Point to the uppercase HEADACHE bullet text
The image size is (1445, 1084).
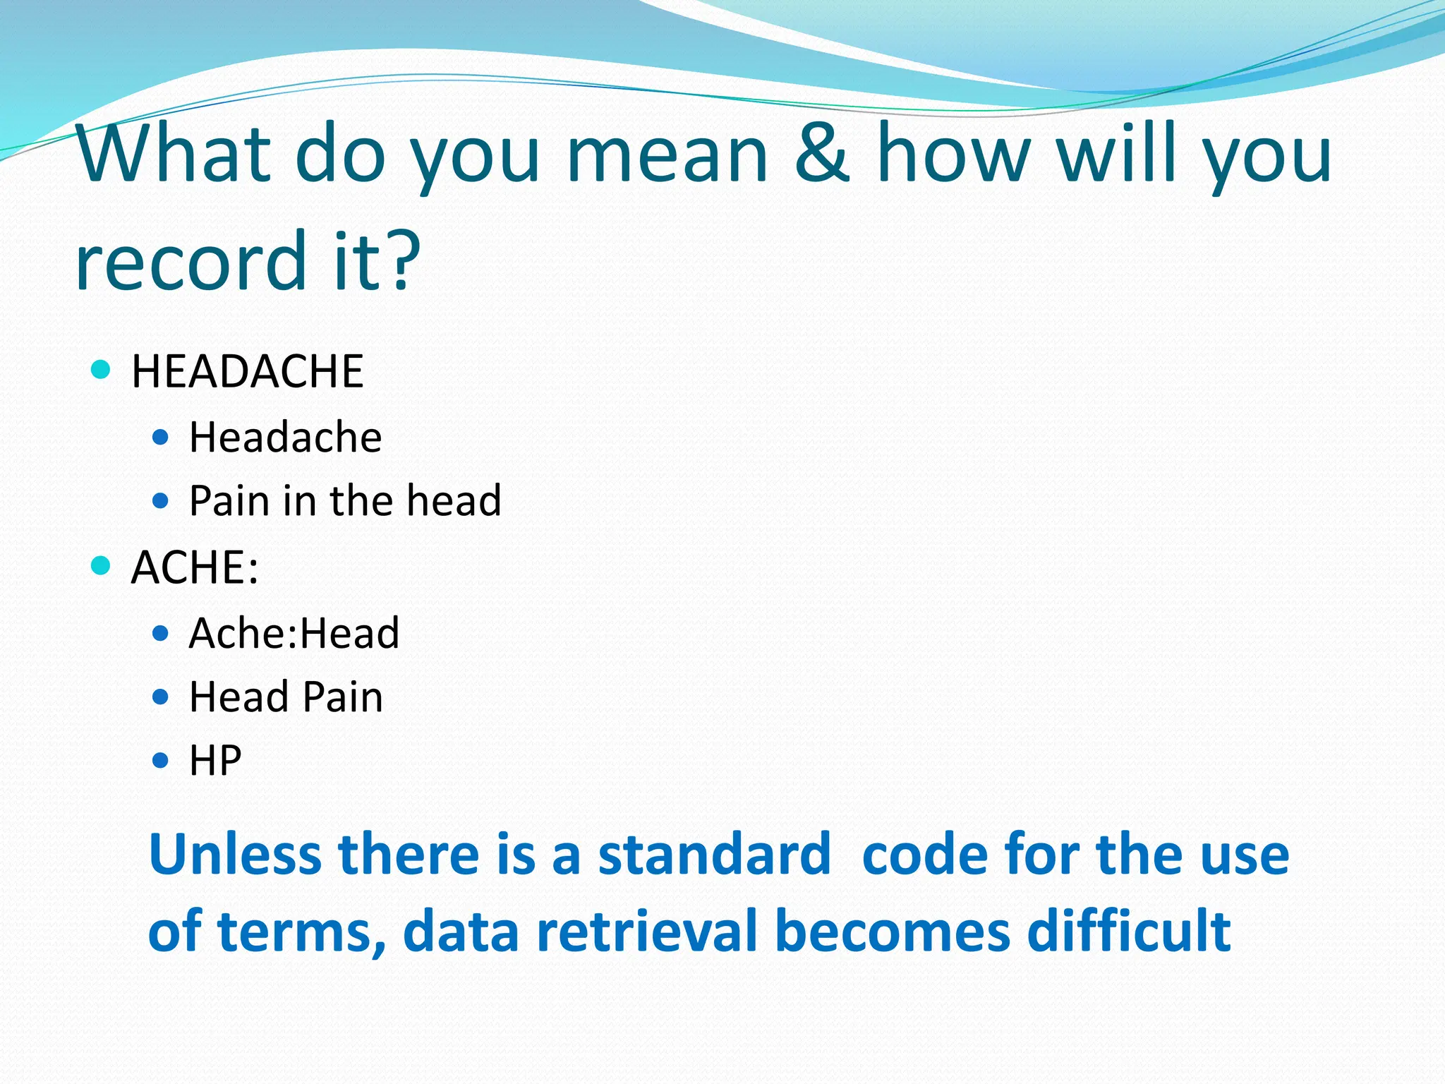coord(247,372)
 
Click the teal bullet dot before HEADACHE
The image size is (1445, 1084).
coord(102,369)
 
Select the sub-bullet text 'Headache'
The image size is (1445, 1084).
coord(285,438)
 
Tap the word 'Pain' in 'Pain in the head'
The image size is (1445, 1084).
coord(229,501)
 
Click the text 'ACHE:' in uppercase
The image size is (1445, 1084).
coord(195,567)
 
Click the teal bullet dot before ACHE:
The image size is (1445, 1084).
coord(102,565)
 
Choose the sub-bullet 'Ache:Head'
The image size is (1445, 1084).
coord(294,633)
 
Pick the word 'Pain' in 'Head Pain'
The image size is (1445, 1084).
coord(343,697)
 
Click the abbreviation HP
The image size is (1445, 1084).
coord(215,761)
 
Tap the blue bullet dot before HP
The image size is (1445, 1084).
coord(161,761)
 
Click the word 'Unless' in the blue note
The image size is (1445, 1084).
coord(236,855)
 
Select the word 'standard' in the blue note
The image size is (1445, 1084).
coord(714,855)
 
